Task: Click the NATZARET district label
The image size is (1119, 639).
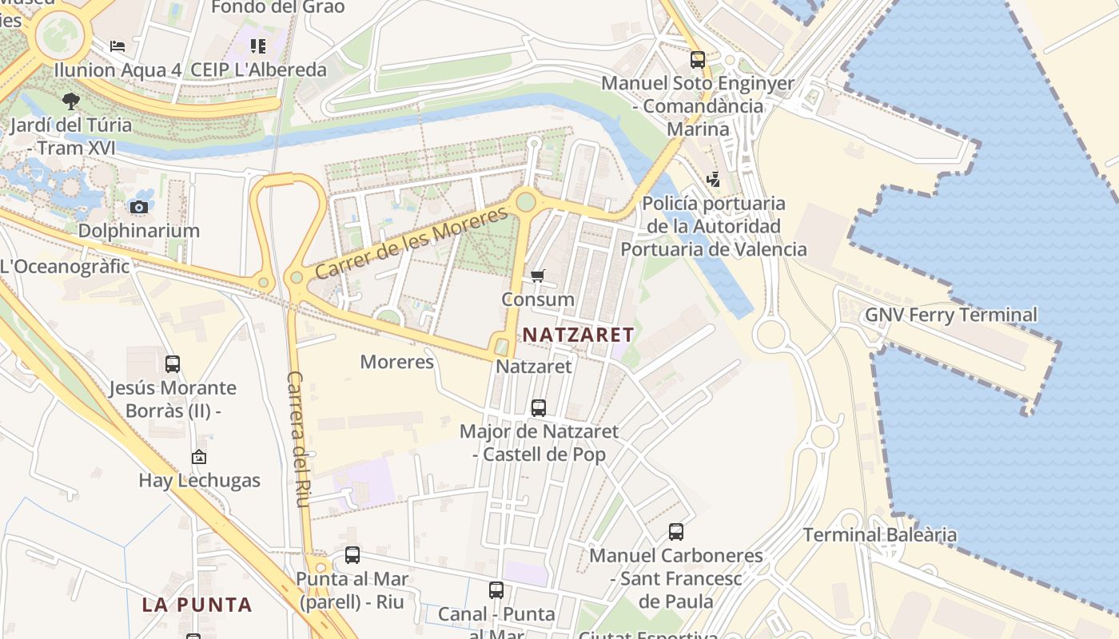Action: (x=579, y=335)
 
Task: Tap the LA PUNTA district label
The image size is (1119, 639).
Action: (x=197, y=605)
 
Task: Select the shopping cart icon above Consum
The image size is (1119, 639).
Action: (x=538, y=276)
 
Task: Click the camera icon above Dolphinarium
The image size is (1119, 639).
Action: (x=138, y=207)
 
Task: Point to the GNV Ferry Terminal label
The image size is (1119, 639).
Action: (x=951, y=315)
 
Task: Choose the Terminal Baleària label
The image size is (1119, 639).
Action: (x=879, y=534)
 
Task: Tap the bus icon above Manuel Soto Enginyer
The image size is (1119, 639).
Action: (x=698, y=60)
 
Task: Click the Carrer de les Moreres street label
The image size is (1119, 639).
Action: (x=412, y=243)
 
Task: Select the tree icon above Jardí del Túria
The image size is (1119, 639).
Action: (x=71, y=101)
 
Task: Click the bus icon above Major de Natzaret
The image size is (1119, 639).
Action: (x=539, y=408)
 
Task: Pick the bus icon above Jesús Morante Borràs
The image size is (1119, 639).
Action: (x=173, y=364)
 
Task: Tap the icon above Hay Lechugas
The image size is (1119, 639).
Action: (x=199, y=457)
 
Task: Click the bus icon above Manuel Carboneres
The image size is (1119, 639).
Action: (x=676, y=532)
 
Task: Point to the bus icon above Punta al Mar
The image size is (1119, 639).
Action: (x=352, y=555)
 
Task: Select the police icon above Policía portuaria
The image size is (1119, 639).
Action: (x=713, y=180)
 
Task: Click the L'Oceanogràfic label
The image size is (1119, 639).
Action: (x=64, y=267)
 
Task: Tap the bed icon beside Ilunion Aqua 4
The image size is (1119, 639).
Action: (x=117, y=46)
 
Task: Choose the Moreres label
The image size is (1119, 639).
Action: (x=396, y=362)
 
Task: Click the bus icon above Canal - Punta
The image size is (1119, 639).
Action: (x=496, y=591)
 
